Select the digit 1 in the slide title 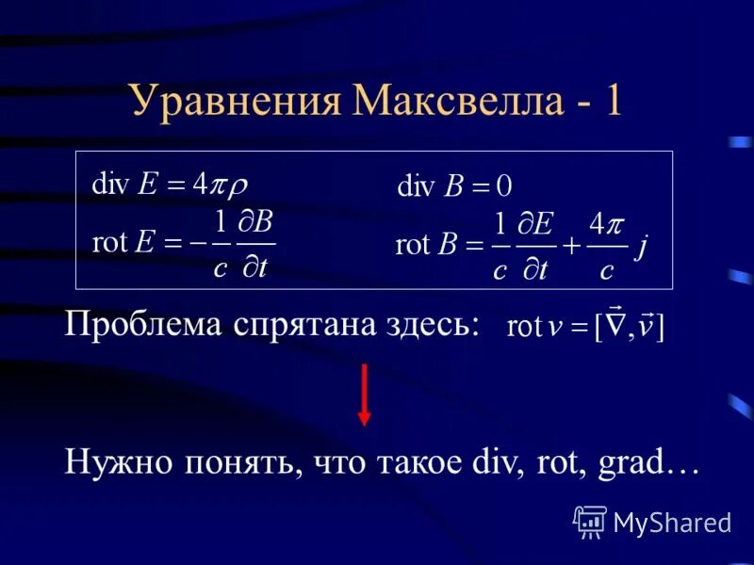pos(613,100)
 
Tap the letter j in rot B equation pos(642,247)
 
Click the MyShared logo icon pos(589,520)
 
